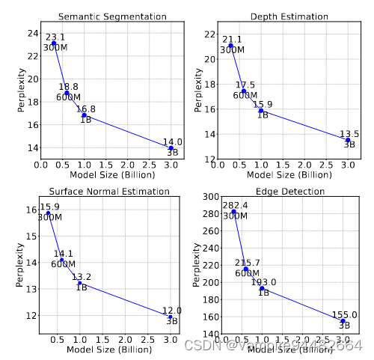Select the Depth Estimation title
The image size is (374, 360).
(289, 16)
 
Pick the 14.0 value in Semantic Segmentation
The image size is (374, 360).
(173, 142)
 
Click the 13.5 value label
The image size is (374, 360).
(350, 135)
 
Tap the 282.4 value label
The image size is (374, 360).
(237, 205)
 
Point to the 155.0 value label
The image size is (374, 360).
(345, 316)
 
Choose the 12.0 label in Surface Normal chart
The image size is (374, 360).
(173, 311)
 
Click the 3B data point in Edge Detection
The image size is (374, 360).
(343, 321)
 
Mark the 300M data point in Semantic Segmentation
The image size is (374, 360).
(54, 43)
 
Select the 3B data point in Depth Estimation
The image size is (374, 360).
(348, 140)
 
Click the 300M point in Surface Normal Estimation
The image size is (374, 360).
(49, 213)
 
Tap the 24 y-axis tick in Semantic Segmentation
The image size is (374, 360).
(31, 33)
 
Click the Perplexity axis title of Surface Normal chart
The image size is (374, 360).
(19, 263)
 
